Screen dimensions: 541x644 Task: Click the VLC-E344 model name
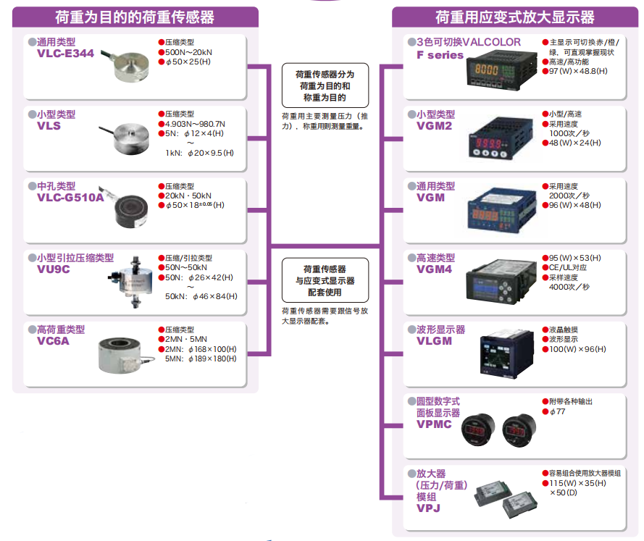point(65,54)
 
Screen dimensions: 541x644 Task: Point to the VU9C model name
point(54,269)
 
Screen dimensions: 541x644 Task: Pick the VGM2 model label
point(434,126)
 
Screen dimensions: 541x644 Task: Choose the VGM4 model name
point(434,269)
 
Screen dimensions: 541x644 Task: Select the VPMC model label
point(434,424)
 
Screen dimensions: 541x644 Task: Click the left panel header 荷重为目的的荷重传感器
point(135,17)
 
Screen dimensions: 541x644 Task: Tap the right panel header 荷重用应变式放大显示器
point(514,17)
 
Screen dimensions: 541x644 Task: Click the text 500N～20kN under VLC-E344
point(189,52)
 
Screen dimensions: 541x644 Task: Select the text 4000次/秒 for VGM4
point(569,287)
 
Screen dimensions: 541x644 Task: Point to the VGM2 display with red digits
point(493,141)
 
